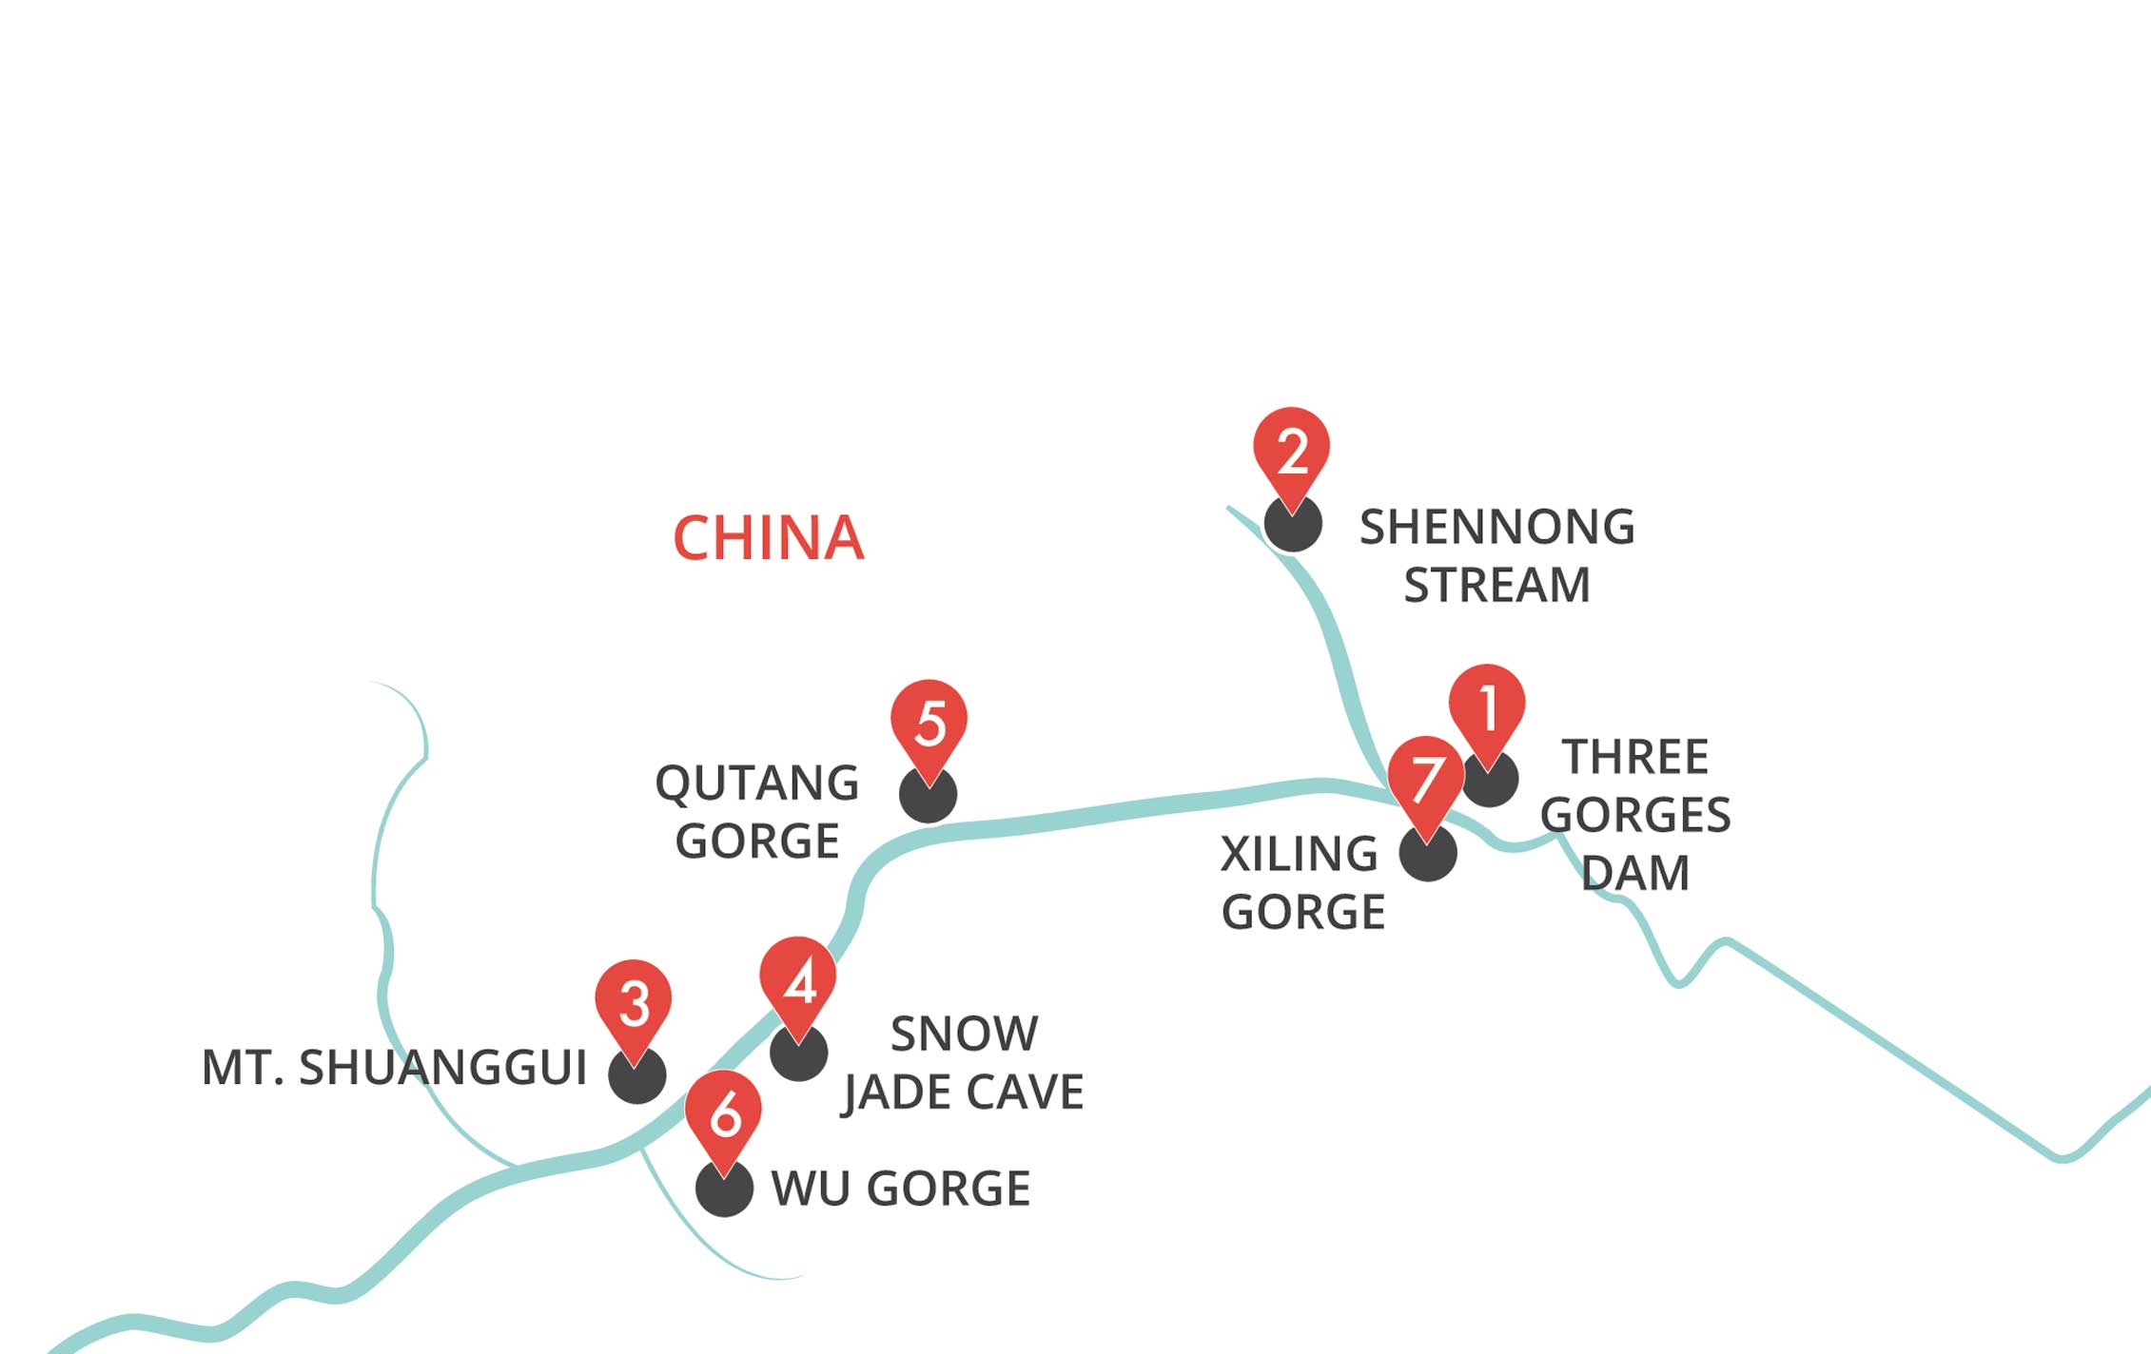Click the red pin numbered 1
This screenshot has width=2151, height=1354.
(1487, 708)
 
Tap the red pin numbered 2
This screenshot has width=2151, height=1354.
(1291, 452)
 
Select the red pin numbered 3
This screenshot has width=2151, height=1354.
(634, 1004)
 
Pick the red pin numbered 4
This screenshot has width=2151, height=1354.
(798, 981)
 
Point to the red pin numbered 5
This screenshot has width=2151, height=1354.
(929, 724)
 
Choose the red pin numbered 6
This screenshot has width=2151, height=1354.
(723, 1115)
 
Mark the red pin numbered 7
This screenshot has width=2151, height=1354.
(1426, 781)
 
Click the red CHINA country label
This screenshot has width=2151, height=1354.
(769, 538)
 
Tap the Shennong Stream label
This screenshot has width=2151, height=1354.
(1497, 555)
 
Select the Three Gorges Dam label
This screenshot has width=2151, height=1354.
(1635, 815)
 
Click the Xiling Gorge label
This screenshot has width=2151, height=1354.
(1302, 882)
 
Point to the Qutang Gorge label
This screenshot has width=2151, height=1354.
(757, 811)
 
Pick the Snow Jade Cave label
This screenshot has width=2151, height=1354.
(963, 1062)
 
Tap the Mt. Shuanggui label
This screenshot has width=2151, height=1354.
(395, 1067)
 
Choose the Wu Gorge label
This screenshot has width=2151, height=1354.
(901, 1189)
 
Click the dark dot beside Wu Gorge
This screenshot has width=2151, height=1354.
(725, 1188)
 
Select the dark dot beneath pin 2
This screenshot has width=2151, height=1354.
(1293, 523)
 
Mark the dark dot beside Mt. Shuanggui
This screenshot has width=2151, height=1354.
(637, 1074)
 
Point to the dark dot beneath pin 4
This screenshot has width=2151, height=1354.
(798, 1053)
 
